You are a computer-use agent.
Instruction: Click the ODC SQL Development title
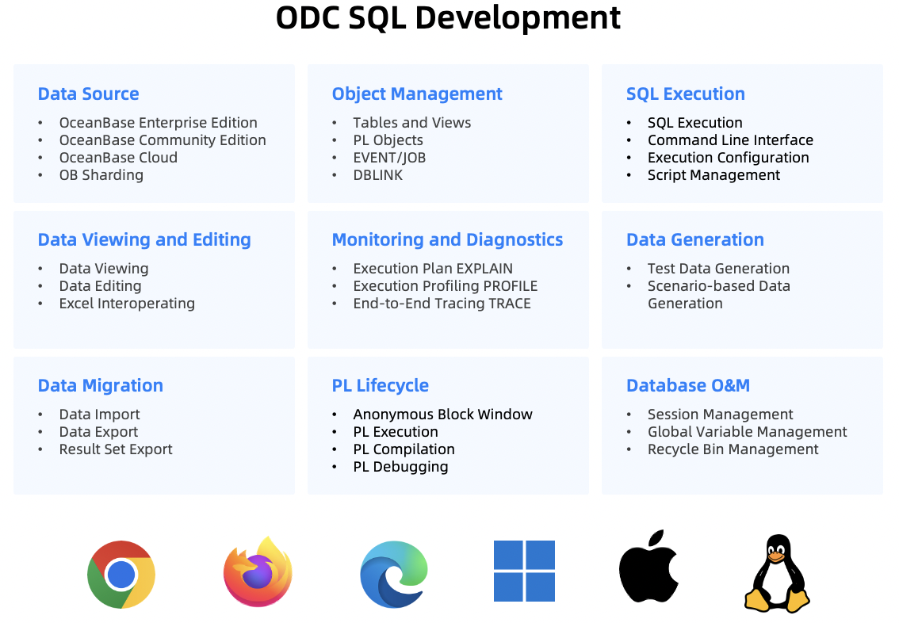pyautogui.click(x=448, y=17)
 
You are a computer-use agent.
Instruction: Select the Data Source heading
pyautogui.click(x=88, y=94)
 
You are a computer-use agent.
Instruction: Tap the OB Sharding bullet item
pyautogui.click(x=101, y=175)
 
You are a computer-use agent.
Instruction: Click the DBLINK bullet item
pyautogui.click(x=378, y=175)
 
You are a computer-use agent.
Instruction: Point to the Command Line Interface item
pyautogui.click(x=730, y=140)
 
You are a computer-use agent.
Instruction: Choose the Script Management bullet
pyautogui.click(x=713, y=175)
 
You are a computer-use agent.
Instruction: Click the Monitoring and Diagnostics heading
pyautogui.click(x=447, y=239)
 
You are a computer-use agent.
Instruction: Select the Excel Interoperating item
pyautogui.click(x=127, y=304)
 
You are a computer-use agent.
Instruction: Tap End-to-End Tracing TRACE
pyautogui.click(x=442, y=304)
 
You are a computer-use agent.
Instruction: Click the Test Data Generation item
pyautogui.click(x=718, y=268)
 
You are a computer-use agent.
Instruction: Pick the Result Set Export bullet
pyautogui.click(x=115, y=449)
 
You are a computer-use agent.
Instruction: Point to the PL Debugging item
pyautogui.click(x=401, y=467)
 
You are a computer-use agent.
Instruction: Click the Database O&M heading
pyautogui.click(x=688, y=385)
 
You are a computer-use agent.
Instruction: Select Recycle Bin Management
pyautogui.click(x=733, y=449)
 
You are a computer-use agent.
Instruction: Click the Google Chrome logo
pyautogui.click(x=121, y=574)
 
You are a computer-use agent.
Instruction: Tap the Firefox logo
pyautogui.click(x=258, y=571)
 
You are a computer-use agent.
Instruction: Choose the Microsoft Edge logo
pyautogui.click(x=394, y=574)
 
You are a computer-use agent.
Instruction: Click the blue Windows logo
pyautogui.click(x=524, y=571)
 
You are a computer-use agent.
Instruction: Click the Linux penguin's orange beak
pyautogui.click(x=776, y=556)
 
